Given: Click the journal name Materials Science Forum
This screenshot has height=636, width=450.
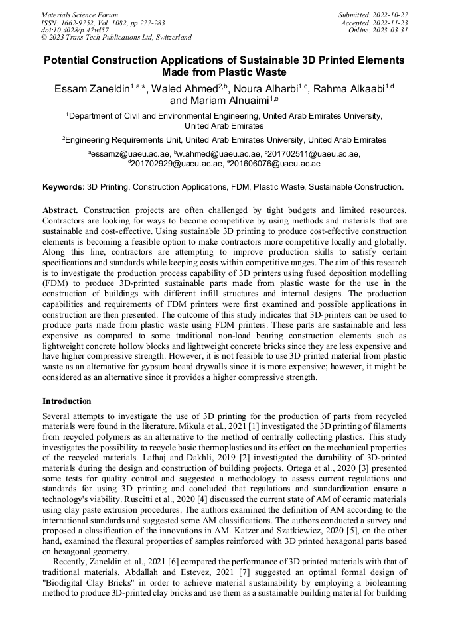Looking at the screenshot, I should [x=80, y=15].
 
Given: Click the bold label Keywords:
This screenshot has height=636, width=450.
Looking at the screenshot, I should [x=64, y=188].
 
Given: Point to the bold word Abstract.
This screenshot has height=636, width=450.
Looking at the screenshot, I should [x=62, y=210].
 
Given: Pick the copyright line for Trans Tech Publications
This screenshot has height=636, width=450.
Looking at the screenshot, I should [x=116, y=38].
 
